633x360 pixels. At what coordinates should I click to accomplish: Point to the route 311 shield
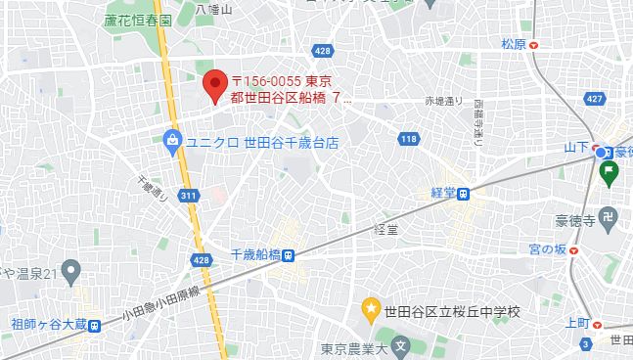coord(187,196)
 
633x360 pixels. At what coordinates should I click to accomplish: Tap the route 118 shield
coord(409,140)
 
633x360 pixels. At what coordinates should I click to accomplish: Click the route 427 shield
coord(593,99)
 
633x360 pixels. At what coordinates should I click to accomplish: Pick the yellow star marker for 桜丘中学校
coord(371,311)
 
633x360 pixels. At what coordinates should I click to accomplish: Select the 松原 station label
coord(514,44)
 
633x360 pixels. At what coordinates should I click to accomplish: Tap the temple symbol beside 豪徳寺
coord(608,216)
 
